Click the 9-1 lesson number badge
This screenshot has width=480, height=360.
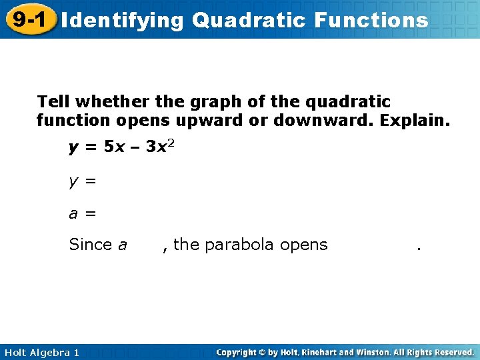(29, 19)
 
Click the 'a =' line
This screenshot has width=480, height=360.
(83, 213)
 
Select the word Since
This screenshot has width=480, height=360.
(91, 245)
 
